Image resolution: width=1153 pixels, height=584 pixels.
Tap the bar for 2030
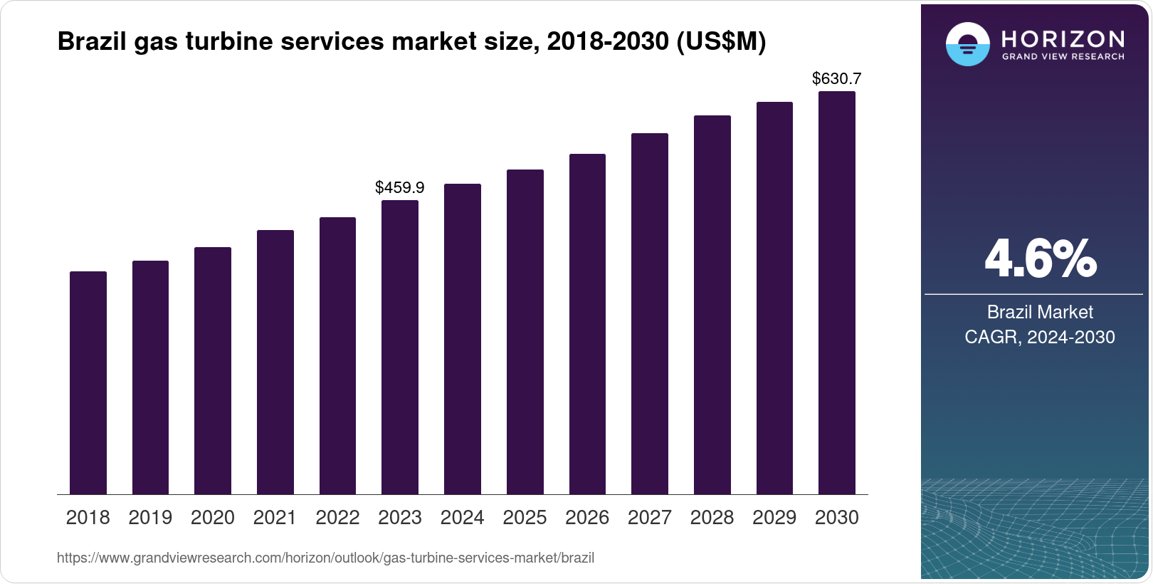pos(836,293)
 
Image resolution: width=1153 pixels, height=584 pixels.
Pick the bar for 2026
pos(587,324)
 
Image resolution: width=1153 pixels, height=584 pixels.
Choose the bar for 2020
pos(213,370)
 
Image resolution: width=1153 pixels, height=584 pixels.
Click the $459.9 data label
pos(400,187)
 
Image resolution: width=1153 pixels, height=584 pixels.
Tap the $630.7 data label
pos(836,78)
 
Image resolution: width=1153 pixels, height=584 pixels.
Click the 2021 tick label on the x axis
pos(275,518)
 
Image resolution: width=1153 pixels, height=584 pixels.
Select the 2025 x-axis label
pos(525,518)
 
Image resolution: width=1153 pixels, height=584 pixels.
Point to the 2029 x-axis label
pos(774,518)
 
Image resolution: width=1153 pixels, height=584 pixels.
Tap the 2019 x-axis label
pos(150,518)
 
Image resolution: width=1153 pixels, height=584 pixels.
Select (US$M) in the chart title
pos(720,41)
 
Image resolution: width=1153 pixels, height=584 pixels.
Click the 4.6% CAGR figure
pos(1040,259)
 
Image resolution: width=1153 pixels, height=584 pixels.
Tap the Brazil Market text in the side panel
pos(1040,312)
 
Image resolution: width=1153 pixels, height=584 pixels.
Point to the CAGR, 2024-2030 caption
pos(1040,337)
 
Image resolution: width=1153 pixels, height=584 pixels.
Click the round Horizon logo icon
pos(967,44)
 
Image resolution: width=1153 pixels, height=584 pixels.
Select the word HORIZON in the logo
pos(1063,38)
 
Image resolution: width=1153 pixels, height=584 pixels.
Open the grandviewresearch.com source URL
pos(325,558)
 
